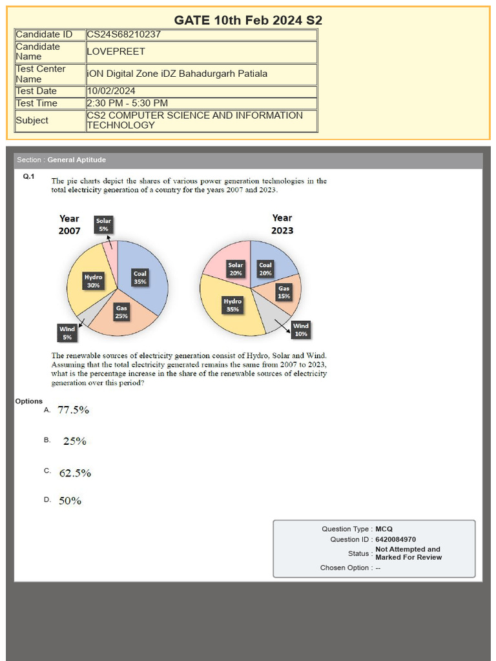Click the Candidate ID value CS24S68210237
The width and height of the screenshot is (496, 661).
123,35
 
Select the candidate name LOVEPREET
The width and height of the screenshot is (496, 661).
116,52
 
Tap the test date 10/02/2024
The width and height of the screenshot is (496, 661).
111,91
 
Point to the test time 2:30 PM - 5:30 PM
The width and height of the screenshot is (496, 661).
127,103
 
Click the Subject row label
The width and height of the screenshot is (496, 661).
32,121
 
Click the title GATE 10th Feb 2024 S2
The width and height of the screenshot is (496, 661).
248,20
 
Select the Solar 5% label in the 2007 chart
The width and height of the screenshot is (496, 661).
103,225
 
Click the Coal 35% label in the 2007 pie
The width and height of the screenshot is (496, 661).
139,278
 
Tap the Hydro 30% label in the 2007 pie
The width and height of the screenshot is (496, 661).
93,281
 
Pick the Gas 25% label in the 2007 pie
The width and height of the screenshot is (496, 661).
121,312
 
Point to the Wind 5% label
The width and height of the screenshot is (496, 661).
67,333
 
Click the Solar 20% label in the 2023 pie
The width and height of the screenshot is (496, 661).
236,269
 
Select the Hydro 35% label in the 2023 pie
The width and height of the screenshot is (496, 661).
232,305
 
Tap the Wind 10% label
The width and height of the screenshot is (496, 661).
301,330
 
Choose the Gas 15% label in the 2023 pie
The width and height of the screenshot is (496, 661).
284,292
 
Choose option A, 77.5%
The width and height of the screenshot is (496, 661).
73,410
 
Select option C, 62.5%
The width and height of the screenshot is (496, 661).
75,473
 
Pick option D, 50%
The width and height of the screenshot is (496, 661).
70,501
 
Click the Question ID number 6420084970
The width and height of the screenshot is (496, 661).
395,540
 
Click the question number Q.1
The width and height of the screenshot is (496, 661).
28,176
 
